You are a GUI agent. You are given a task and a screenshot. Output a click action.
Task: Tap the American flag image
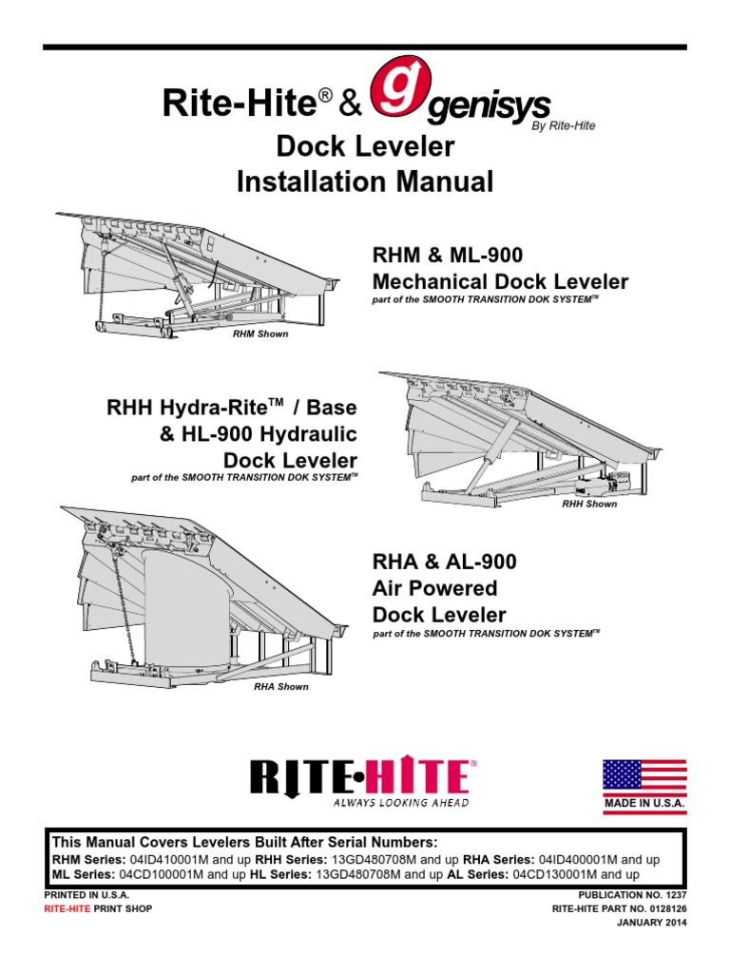(x=644, y=775)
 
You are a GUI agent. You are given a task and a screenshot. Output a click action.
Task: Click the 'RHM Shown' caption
(x=260, y=334)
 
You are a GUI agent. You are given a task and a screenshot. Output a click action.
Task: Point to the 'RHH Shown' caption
(x=589, y=504)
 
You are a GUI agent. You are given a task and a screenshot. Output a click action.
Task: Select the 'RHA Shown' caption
(x=280, y=686)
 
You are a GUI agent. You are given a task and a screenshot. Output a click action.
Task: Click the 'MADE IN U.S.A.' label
(x=644, y=804)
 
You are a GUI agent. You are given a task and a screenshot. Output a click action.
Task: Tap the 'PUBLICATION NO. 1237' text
(x=631, y=896)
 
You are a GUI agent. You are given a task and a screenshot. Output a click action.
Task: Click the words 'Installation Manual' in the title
(x=365, y=181)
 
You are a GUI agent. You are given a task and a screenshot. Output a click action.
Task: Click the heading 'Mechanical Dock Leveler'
(x=500, y=281)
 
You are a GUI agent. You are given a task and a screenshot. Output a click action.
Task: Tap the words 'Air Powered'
(x=434, y=588)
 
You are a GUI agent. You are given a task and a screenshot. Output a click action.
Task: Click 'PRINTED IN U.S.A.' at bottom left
(x=86, y=896)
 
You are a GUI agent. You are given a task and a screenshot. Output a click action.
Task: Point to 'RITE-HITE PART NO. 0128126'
(x=619, y=908)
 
